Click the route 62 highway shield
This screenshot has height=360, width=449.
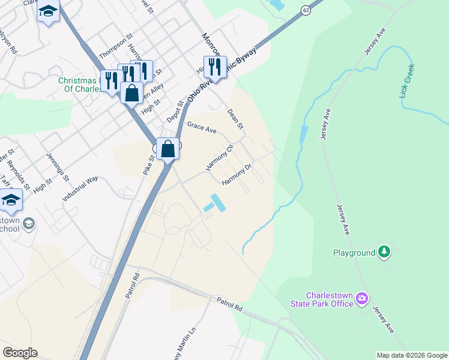(306, 10)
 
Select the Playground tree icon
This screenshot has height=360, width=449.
(384, 253)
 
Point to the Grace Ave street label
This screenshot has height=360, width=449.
(201, 127)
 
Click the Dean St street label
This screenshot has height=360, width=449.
(235, 119)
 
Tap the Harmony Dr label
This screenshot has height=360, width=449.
(235, 173)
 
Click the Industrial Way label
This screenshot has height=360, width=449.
(79, 188)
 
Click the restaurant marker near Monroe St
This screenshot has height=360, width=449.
(215, 66)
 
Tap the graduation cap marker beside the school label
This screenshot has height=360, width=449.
(11, 200)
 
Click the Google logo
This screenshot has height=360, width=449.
(20, 353)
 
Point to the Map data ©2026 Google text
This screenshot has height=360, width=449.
(411, 355)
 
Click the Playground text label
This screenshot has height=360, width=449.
(354, 253)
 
